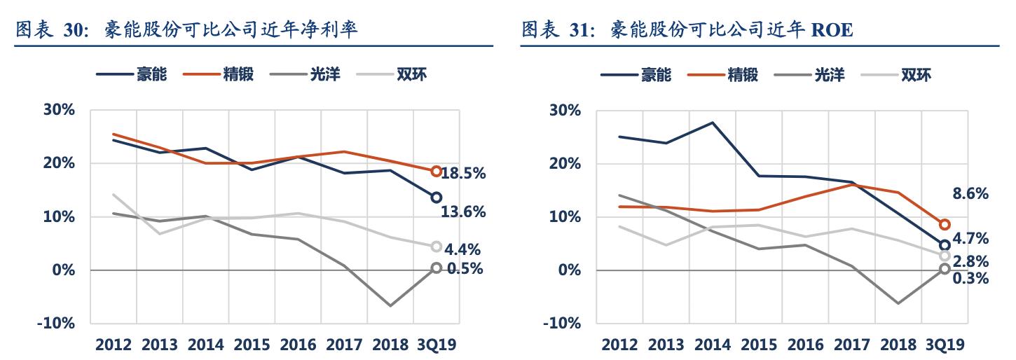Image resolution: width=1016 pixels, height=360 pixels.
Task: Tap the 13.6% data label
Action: tap(463, 212)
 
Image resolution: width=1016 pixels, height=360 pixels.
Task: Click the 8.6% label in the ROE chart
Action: tap(970, 194)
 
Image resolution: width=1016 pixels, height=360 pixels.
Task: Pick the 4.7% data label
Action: tap(970, 239)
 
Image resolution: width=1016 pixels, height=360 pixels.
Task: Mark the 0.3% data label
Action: tap(970, 279)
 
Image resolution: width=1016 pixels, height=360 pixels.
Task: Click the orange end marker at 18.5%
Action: tap(436, 171)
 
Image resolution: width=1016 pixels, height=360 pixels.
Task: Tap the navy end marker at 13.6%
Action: tap(436, 198)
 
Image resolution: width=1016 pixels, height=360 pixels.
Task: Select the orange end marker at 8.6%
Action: tap(944, 224)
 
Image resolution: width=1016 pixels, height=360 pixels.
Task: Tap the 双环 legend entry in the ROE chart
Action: tap(916, 74)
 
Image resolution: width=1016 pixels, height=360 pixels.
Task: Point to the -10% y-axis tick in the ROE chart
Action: tap(565, 324)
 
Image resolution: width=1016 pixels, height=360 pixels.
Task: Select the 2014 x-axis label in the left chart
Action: tap(206, 345)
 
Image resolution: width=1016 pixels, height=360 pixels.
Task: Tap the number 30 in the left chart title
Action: tap(75, 31)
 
